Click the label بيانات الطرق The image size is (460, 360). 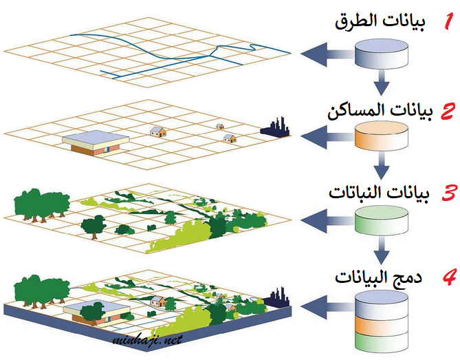point(380,22)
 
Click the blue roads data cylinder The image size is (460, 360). point(382,56)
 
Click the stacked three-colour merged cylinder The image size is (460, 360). point(382,320)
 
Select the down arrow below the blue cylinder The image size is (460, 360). point(382,88)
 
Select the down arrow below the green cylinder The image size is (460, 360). point(382,251)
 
